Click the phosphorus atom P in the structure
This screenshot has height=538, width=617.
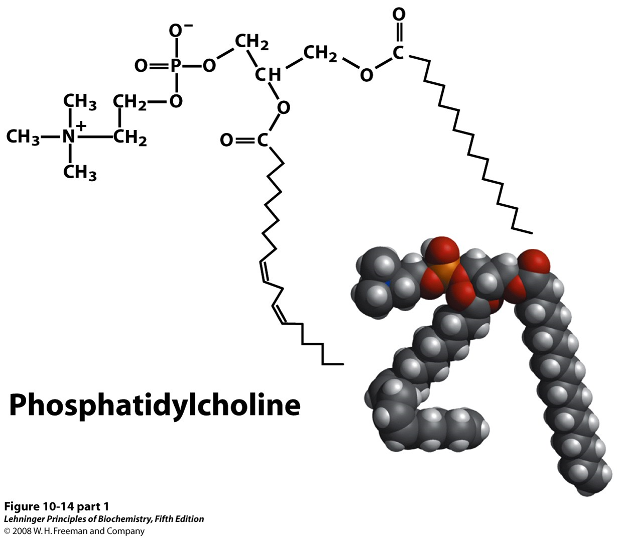pos(175,66)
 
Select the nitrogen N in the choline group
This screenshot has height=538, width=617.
pos(69,137)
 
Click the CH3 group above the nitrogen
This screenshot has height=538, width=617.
pos(80,102)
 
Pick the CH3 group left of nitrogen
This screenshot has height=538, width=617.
pos(23,137)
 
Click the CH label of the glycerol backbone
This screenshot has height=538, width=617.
pos(268,75)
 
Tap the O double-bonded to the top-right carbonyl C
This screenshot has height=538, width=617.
pos(399,15)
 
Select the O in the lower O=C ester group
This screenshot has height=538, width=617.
pos(227,141)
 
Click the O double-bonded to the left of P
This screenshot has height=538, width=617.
pos(142,66)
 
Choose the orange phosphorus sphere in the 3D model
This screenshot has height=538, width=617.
pos(443,274)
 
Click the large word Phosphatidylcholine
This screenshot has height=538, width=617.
pos(155,405)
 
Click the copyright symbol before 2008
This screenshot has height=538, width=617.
pos(8,531)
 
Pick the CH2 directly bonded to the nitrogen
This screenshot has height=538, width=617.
pos(130,137)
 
